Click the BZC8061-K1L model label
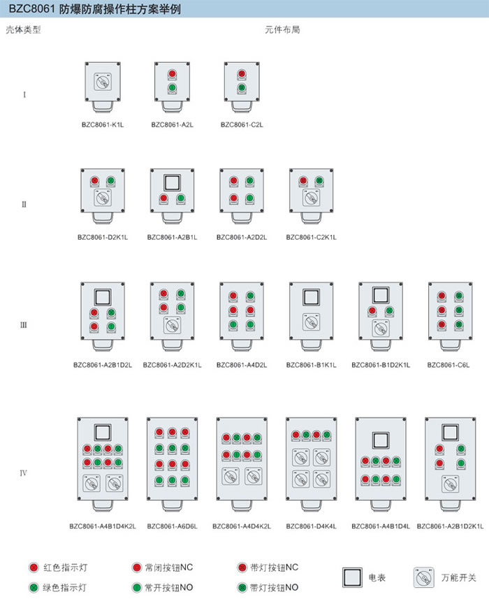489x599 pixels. point(103,125)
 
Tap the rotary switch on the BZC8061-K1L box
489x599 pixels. point(102,82)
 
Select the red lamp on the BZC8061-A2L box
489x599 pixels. point(171,74)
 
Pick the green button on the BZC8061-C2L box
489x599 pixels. point(241,88)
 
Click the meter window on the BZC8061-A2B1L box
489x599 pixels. point(172,182)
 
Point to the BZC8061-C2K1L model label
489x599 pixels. point(311,237)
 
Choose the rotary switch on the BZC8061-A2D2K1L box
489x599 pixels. point(172,326)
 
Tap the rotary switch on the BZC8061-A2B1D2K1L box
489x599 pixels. point(449,484)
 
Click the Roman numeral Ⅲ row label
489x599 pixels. point(24,324)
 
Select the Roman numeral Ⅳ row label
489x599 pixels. point(24,472)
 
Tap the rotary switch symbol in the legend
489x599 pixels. point(422,577)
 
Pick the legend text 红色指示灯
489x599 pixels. point(62,567)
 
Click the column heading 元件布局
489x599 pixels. point(282,30)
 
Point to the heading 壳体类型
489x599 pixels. point(24,30)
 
